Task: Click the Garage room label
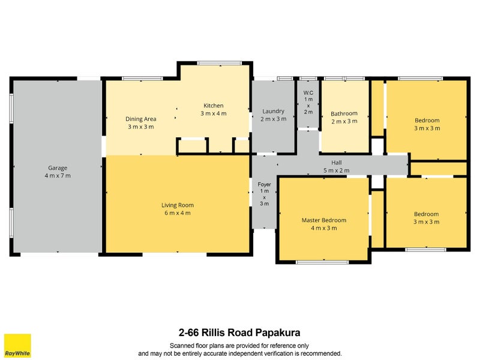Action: coord(58,168)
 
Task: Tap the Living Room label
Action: coord(178,205)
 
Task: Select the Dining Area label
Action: coord(141,119)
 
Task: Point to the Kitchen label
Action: coord(214,106)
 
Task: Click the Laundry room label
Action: coord(274,111)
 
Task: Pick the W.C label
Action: coord(308,92)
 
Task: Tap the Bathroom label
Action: coord(344,113)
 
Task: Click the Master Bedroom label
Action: coord(324,220)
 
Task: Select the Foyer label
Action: coord(264,184)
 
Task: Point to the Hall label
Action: coord(337,163)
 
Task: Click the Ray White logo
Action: coord(17,346)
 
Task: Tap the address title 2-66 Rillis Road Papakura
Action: coord(239,332)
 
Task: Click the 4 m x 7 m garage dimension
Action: coord(58,176)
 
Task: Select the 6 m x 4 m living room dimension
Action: coord(178,213)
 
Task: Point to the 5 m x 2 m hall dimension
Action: coord(337,170)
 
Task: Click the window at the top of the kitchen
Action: coord(219,64)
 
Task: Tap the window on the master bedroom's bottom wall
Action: coord(322,262)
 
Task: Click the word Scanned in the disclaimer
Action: coord(182,346)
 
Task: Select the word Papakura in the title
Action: coord(278,332)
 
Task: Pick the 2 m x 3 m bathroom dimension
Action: coord(344,121)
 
